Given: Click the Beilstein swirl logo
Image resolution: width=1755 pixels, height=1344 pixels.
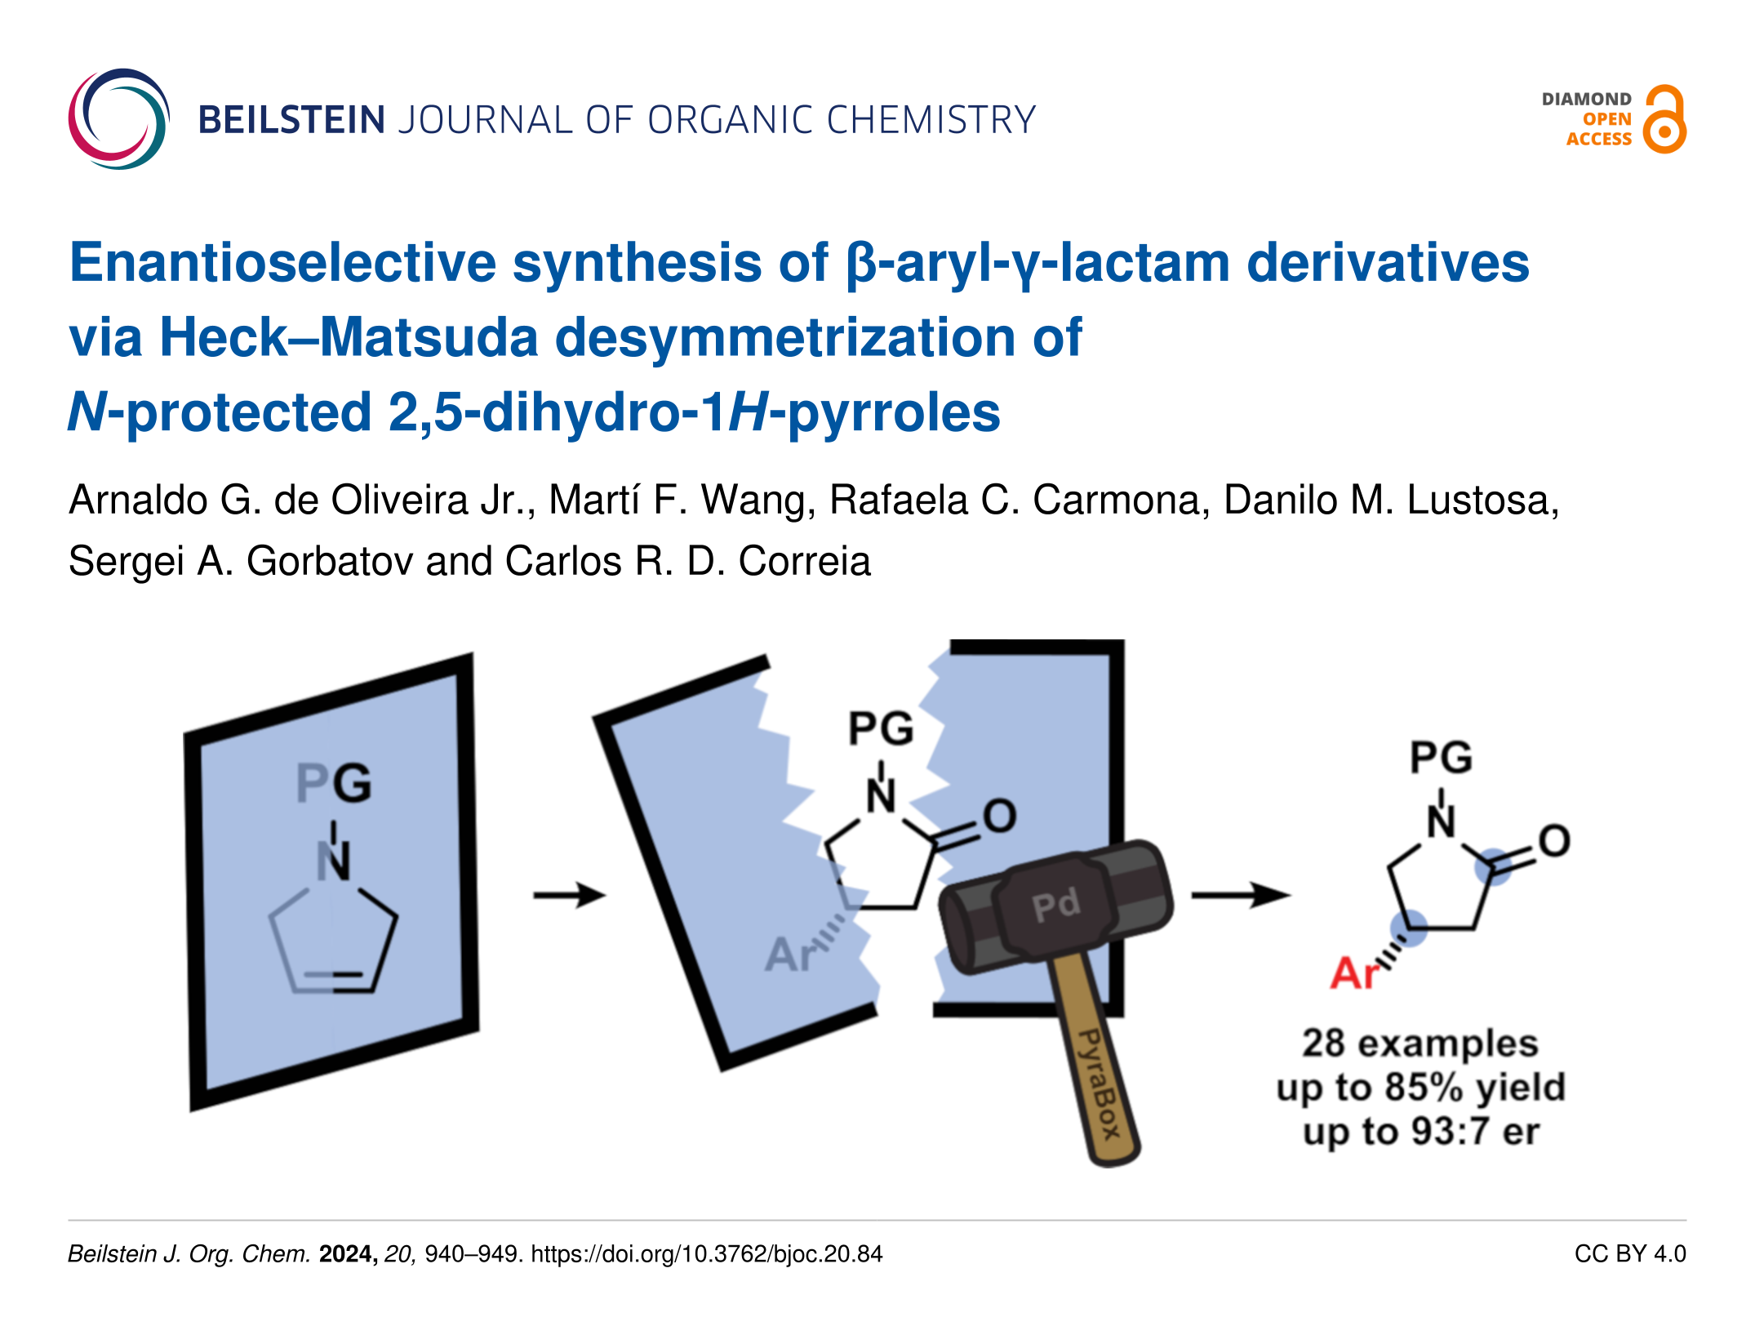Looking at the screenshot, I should click(119, 119).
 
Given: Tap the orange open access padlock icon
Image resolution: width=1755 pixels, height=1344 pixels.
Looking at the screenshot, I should click(1664, 120).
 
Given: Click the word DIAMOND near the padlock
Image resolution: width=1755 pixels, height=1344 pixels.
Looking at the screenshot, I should click(1586, 100).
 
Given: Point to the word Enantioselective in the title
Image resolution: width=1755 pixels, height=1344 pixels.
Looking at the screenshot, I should click(282, 263).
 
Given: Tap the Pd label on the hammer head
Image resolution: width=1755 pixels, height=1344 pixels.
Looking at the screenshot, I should click(1055, 905).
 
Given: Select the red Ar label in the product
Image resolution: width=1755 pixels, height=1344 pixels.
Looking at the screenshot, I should click(1353, 973).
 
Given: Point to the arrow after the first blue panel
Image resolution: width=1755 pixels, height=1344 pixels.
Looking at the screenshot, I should click(569, 895).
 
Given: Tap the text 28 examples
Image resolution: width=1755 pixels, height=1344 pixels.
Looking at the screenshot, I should click(1420, 1044).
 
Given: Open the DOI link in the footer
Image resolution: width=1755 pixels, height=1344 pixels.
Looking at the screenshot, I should click(707, 1254).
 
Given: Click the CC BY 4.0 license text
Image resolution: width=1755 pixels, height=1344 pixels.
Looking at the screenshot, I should click(1629, 1254).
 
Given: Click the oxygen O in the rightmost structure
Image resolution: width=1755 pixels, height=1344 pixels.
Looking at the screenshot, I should click(1554, 841).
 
